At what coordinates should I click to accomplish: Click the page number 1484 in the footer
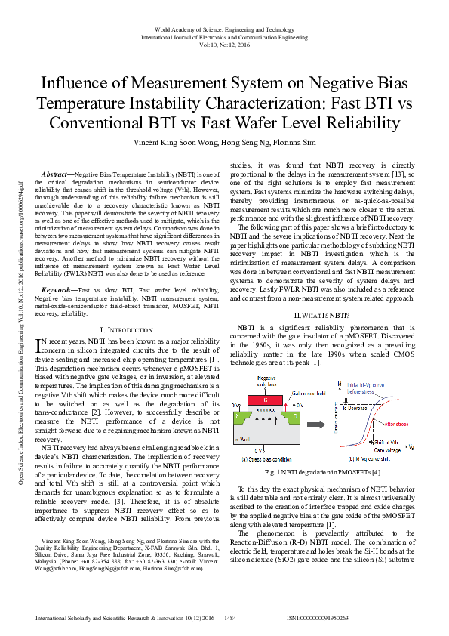[x=231, y=618]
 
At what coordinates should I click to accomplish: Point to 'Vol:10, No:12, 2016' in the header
[x=224, y=45]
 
